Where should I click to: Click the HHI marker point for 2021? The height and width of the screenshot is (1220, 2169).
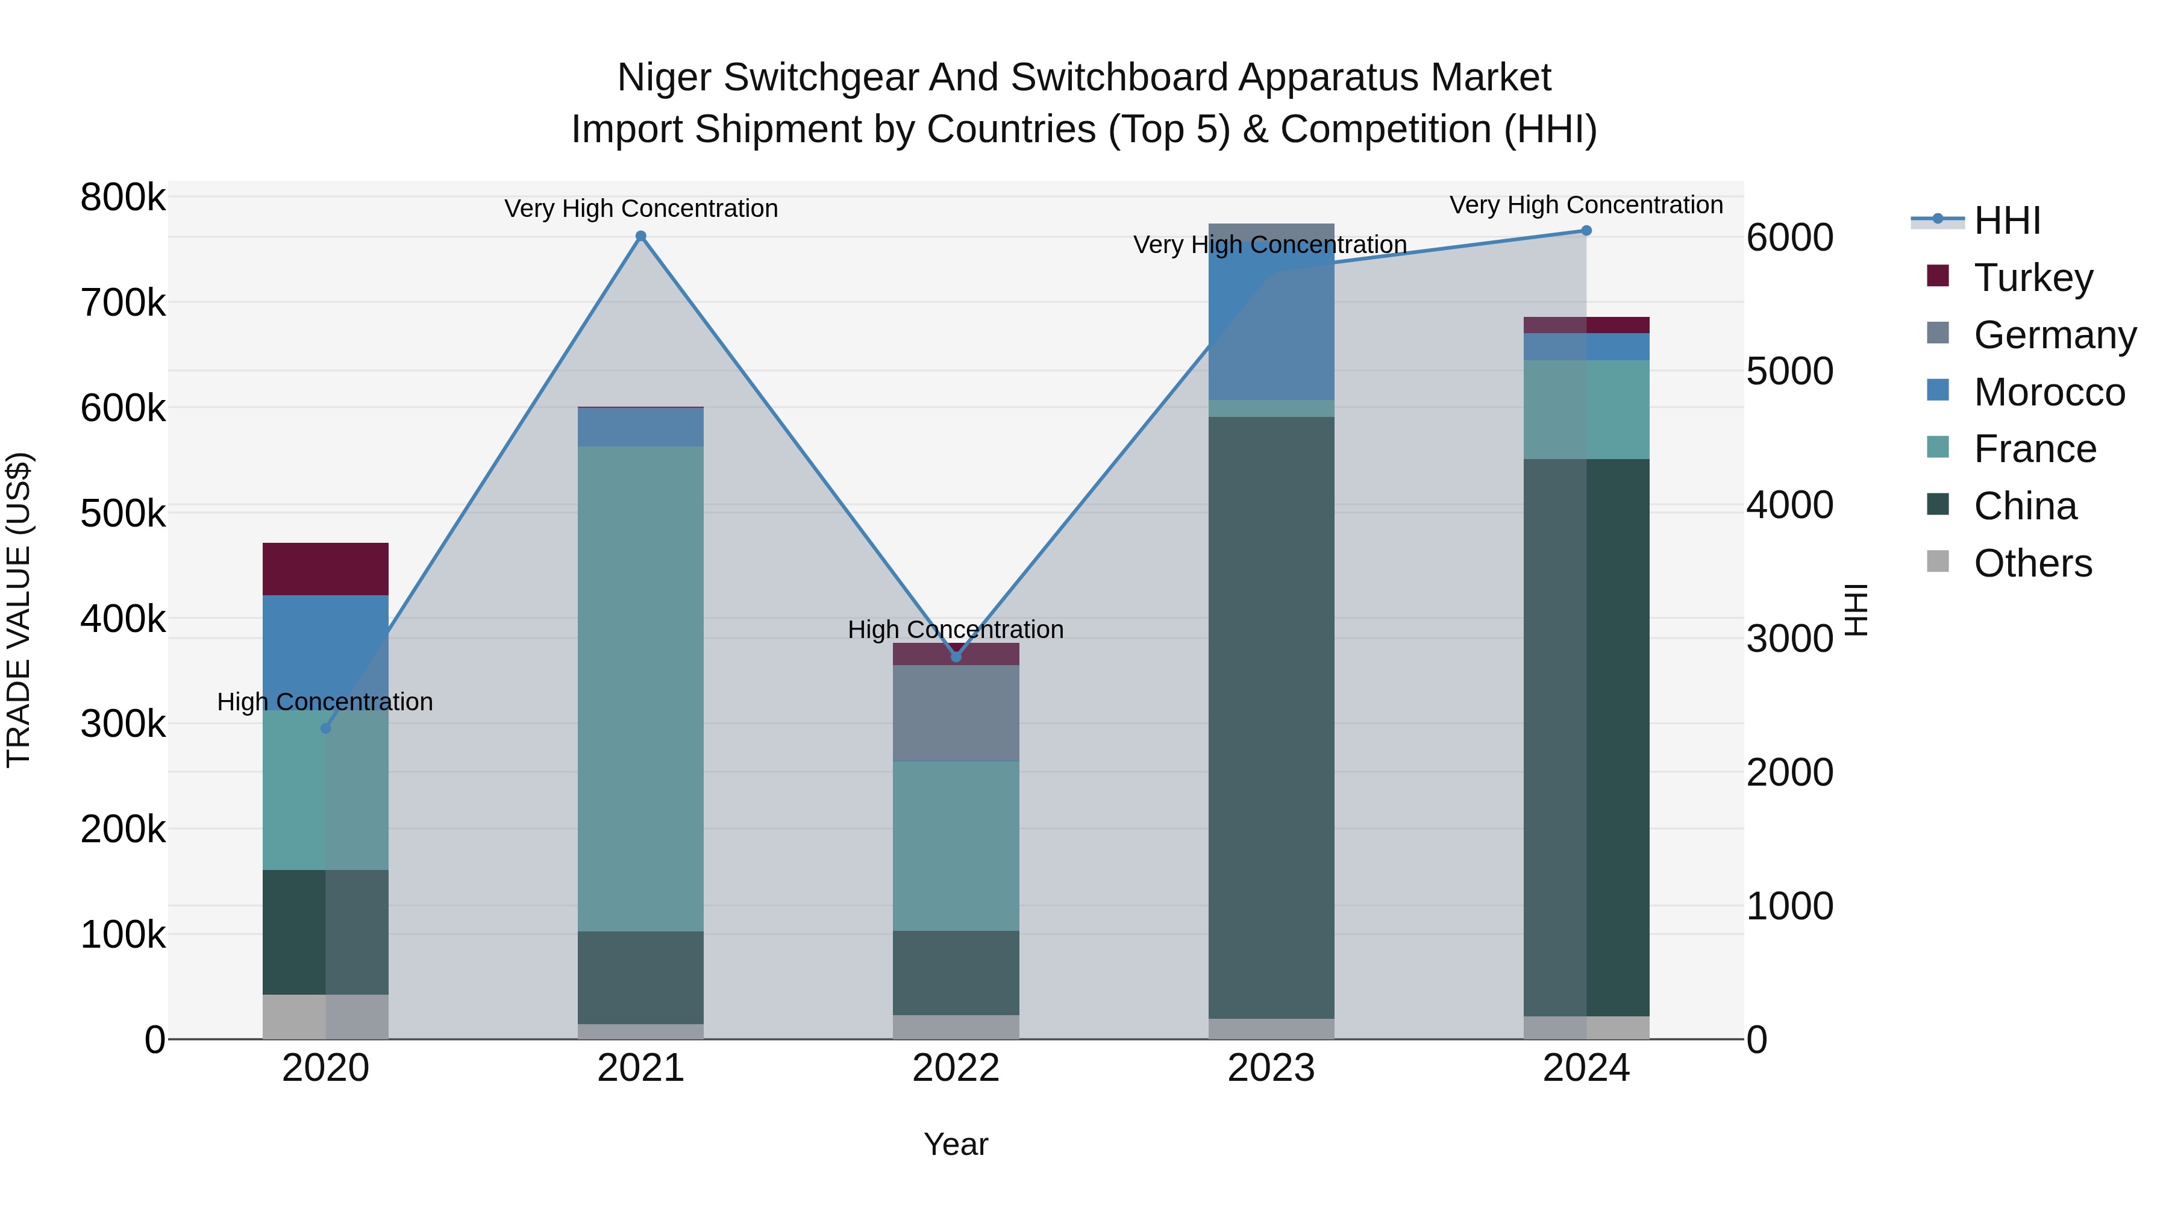tap(641, 237)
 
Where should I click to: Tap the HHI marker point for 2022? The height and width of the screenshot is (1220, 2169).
tap(956, 657)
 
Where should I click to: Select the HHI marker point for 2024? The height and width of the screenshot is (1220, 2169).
tap(1586, 231)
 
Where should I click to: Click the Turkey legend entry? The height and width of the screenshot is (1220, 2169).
tap(2033, 278)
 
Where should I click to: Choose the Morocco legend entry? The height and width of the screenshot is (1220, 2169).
tap(2048, 392)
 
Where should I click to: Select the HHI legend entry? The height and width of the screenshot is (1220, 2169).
tap(2006, 221)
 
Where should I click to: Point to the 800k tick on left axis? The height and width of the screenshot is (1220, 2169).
tap(123, 198)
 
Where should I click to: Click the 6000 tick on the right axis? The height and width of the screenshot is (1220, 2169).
tap(1790, 237)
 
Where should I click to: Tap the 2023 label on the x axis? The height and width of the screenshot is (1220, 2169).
tap(1271, 1068)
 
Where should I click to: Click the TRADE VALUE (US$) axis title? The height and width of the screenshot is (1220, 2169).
tap(19, 610)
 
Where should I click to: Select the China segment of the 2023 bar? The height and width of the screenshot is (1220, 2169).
tap(1271, 716)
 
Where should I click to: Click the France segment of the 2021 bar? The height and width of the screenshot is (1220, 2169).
tap(641, 688)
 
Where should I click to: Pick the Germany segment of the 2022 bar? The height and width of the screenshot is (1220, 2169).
tap(956, 713)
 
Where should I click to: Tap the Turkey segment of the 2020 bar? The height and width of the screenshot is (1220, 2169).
tap(326, 569)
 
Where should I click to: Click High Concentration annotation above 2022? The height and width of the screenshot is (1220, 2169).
tap(956, 630)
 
